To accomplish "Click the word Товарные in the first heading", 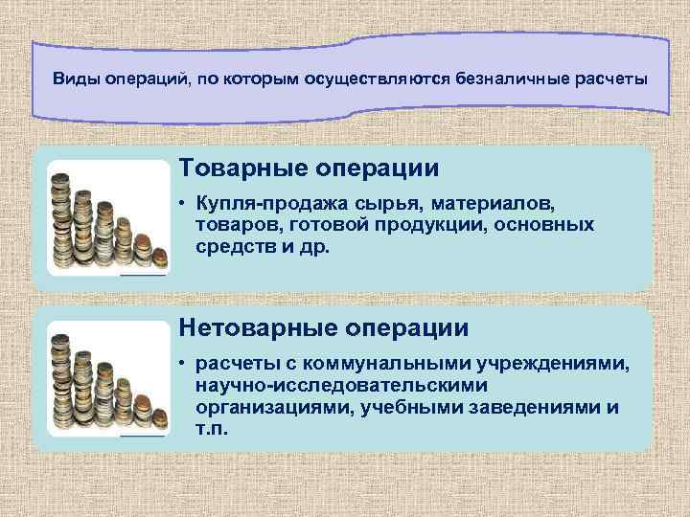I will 246,169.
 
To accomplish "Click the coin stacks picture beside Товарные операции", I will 107,218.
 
